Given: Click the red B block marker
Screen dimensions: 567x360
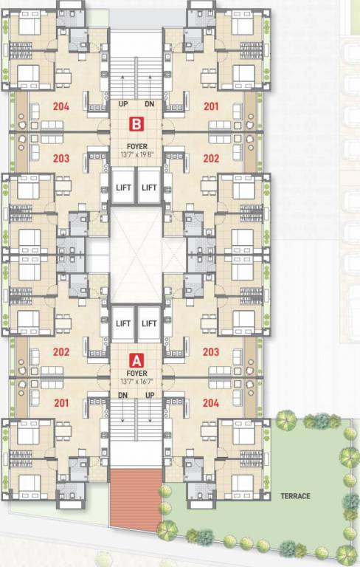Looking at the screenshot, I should [136, 124].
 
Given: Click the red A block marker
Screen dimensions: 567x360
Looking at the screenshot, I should [136, 361].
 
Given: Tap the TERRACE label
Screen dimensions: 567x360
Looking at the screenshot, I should [295, 496].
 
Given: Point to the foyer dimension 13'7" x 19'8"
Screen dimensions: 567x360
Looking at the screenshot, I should [136, 155].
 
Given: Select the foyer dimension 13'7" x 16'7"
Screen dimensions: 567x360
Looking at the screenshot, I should [136, 382].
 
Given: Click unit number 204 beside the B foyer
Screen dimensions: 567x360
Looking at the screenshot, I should [61, 106].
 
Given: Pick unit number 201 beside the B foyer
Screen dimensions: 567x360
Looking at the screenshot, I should [211, 106].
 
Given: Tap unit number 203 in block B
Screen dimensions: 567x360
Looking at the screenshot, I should [61, 158].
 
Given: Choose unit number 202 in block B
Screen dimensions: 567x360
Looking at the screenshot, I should [211, 158].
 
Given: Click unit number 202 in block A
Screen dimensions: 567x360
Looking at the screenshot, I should [61, 352].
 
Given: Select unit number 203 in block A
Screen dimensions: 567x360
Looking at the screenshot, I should [211, 352].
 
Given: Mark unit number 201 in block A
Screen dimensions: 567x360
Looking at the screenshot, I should [61, 402].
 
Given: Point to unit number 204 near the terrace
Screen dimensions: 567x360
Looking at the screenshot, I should [211, 402].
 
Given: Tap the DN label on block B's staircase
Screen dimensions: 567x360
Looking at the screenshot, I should [150, 104].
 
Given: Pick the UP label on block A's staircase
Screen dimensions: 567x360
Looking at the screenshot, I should [150, 396].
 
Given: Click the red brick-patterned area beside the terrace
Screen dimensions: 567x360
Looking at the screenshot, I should [136, 498].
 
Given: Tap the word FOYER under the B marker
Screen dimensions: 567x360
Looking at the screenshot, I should [136, 146].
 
